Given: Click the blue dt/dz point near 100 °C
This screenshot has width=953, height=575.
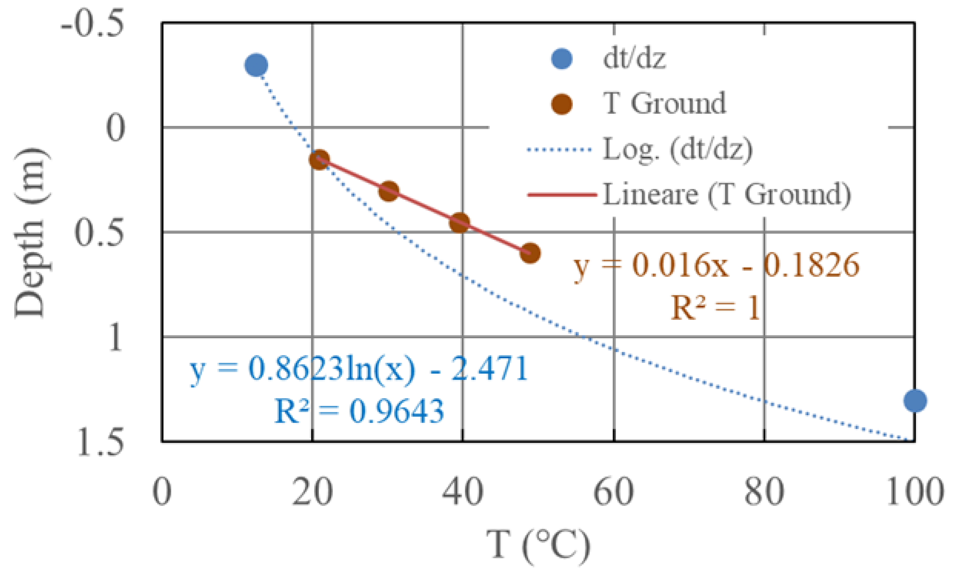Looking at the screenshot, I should click(x=915, y=401).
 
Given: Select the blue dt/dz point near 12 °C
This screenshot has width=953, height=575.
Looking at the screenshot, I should click(x=256, y=65).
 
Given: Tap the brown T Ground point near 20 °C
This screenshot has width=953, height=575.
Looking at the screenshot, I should click(x=319, y=159).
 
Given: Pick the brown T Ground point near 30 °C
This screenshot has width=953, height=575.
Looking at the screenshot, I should click(x=389, y=191).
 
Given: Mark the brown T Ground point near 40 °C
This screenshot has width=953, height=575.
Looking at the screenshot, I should click(x=460, y=223).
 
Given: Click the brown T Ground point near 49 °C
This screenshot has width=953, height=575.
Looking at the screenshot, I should click(x=530, y=253).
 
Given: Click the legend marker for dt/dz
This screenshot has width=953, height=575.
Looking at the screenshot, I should click(x=561, y=59).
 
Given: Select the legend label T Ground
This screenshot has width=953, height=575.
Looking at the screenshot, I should click(x=665, y=103).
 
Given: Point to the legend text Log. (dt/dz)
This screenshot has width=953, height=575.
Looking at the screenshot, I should click(x=678, y=149).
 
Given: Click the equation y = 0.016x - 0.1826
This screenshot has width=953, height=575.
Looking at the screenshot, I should click(x=716, y=266).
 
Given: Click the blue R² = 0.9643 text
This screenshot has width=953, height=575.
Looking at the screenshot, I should click(x=359, y=411).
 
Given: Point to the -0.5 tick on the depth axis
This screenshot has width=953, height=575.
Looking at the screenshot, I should click(x=93, y=24).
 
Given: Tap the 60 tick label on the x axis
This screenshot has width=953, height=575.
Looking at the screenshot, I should click(x=613, y=492).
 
